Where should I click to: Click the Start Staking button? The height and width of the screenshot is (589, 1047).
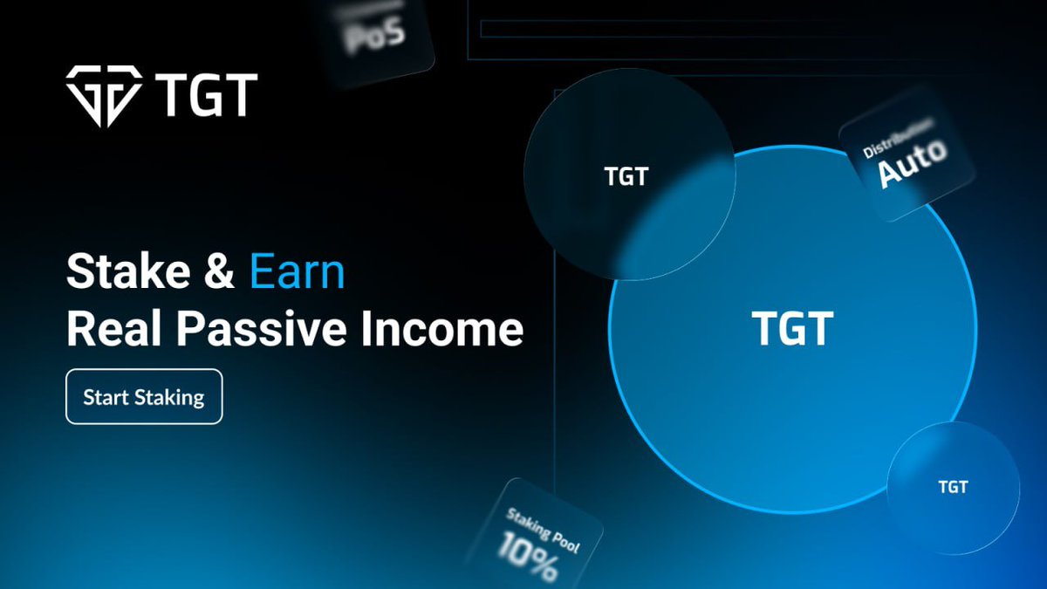tap(144, 397)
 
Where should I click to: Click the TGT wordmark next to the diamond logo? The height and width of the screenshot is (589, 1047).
tap(206, 95)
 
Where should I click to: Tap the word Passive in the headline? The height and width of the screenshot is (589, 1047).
tap(261, 331)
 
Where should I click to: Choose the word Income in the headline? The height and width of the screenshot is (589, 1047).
tap(445, 331)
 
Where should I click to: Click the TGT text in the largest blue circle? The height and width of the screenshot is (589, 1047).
tap(792, 329)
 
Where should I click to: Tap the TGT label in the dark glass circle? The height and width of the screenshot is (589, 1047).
tap(626, 176)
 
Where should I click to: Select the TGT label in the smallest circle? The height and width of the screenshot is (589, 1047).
tap(953, 487)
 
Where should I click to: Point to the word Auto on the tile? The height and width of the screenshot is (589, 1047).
tap(912, 163)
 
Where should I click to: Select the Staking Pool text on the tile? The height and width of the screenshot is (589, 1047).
tap(542, 531)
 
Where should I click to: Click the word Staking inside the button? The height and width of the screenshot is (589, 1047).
tap(173, 398)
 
